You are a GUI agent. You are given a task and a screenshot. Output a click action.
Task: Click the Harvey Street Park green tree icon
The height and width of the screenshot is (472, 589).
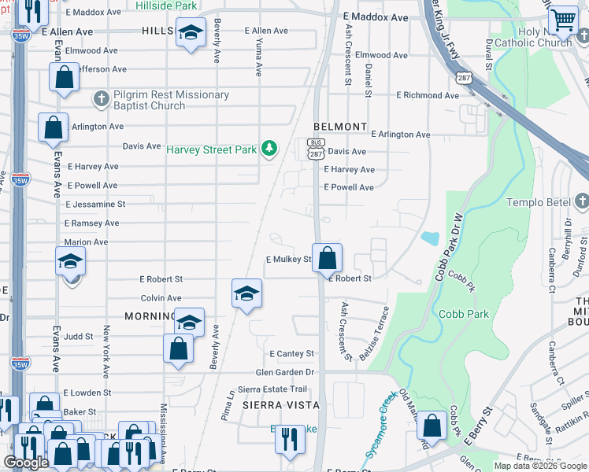(x=269, y=149)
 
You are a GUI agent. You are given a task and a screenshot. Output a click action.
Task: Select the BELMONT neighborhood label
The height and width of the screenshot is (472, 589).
(x=340, y=126)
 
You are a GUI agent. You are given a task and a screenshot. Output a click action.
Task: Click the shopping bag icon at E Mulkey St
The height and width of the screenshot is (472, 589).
(x=327, y=256)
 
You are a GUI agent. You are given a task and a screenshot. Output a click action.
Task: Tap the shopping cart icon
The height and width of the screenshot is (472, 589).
(x=562, y=20)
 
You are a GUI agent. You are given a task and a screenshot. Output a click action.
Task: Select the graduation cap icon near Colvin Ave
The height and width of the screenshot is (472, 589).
(x=246, y=293)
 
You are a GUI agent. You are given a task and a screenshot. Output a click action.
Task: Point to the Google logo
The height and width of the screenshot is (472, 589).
(x=27, y=463)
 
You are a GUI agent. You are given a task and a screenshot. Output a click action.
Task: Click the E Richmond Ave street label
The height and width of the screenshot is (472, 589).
(x=427, y=95)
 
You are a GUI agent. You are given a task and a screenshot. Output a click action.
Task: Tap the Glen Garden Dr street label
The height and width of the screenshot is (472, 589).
(x=284, y=372)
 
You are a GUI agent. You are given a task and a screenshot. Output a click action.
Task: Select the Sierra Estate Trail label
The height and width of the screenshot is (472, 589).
(x=272, y=389)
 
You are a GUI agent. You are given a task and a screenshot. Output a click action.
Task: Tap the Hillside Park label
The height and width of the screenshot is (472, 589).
(x=165, y=6)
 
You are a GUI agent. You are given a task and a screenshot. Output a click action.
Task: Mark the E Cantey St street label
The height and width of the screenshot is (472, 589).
(x=291, y=354)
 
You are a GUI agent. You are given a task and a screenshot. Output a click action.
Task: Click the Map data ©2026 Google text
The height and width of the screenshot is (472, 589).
(x=540, y=466)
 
